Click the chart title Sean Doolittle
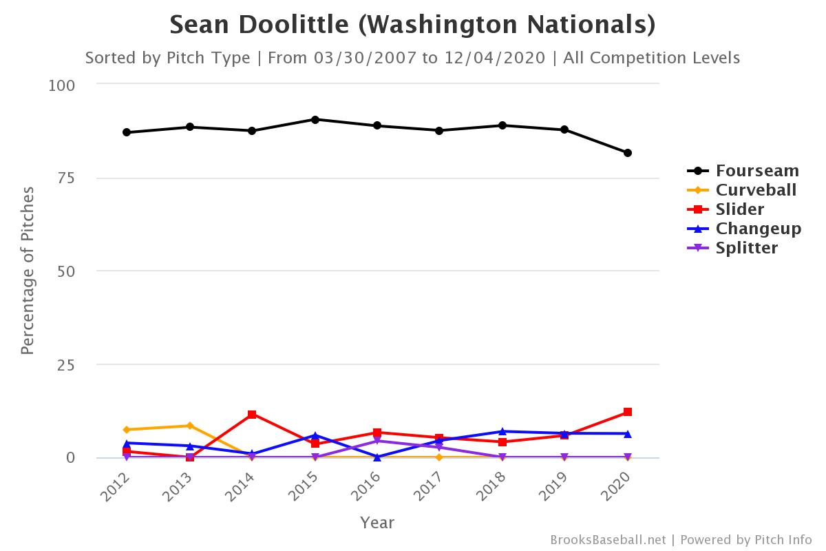412,25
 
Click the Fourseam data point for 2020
628,153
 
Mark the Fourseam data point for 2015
315,119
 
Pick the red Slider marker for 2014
252,415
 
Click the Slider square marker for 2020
628,412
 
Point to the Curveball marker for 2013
189,426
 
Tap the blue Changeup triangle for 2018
502,431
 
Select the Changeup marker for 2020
628,433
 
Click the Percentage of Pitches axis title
28,271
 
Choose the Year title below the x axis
377,523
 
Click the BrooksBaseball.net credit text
607,540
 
